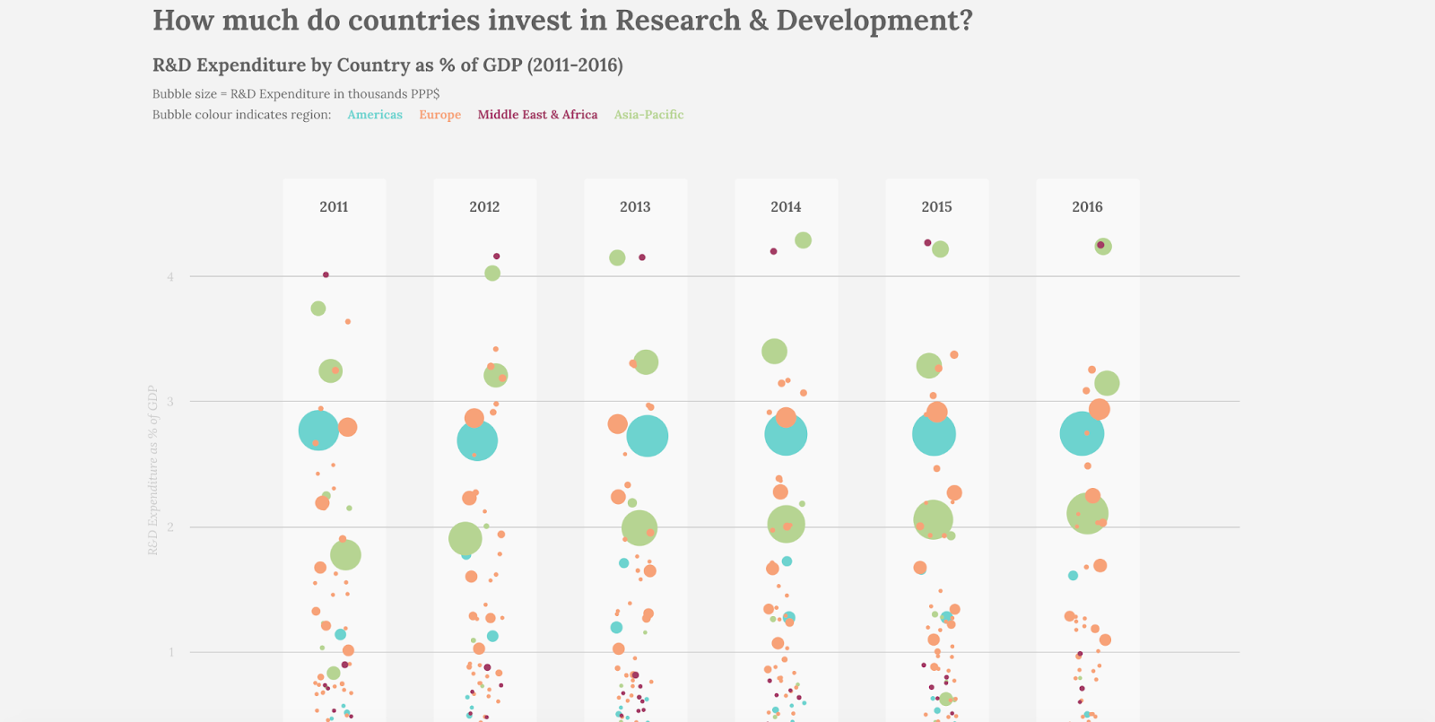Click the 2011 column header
pyautogui.click(x=334, y=207)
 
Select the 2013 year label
pyautogui.click(x=635, y=207)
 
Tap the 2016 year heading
pyautogui.click(x=1087, y=207)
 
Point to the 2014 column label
pyautogui.click(x=786, y=207)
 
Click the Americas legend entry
pyautogui.click(x=375, y=115)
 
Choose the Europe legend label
pyautogui.click(x=439, y=115)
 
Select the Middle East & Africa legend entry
pyautogui.click(x=537, y=115)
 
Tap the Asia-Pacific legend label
pyautogui.click(x=648, y=115)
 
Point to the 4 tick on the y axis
pyautogui.click(x=170, y=277)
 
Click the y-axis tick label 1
pyautogui.click(x=171, y=652)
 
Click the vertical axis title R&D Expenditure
pyautogui.click(x=152, y=470)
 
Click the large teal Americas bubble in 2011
pyautogui.click(x=318, y=431)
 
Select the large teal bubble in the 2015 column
pyautogui.click(x=934, y=434)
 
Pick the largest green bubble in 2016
pyautogui.click(x=1087, y=514)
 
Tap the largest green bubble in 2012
pyautogui.click(x=465, y=538)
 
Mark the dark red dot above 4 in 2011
pyautogui.click(x=326, y=274)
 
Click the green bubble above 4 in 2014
pyautogui.click(x=803, y=240)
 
